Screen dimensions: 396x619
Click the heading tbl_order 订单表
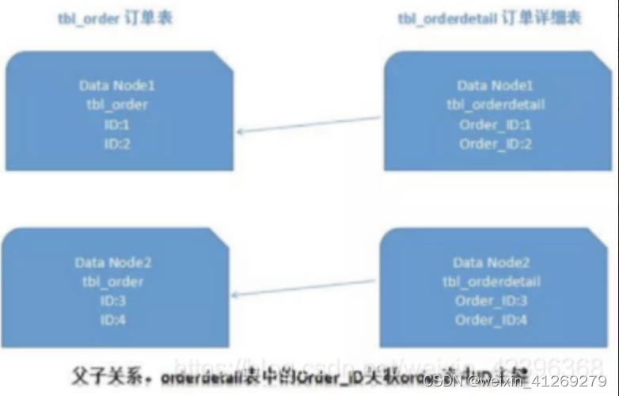114,18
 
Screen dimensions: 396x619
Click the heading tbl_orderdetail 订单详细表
489,18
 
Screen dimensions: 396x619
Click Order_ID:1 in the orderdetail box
496,124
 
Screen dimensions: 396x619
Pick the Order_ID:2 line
496,144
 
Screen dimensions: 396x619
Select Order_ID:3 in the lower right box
492,301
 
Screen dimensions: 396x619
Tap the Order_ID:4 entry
492,320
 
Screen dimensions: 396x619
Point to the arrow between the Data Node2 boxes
304,287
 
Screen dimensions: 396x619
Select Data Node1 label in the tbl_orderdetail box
496,85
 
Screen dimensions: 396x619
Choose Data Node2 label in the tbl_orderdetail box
492,262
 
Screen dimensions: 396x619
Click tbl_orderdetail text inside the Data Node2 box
492,282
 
